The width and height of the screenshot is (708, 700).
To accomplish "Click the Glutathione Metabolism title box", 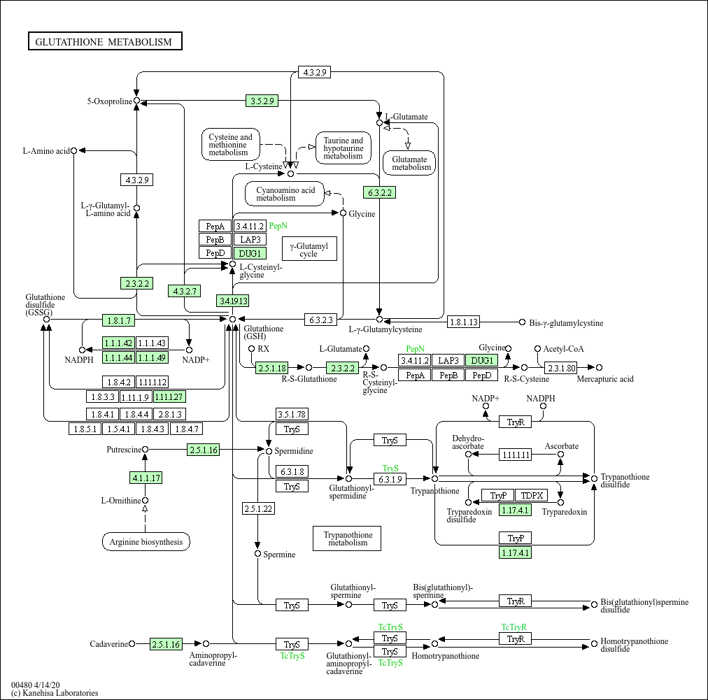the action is click(105, 41).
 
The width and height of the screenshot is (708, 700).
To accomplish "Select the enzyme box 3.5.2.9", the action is click(262, 101).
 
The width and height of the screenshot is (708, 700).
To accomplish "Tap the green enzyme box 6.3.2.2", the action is click(380, 193).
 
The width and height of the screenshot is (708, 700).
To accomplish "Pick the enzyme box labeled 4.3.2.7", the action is click(184, 291).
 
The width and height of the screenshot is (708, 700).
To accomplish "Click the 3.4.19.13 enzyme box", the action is click(233, 301).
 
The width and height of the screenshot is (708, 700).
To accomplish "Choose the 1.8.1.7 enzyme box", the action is click(119, 320).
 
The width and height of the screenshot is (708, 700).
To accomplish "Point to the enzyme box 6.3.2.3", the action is click(320, 320).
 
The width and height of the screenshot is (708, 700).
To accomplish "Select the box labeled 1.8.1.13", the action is click(464, 322).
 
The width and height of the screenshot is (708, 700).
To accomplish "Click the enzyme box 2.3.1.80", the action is click(561, 368).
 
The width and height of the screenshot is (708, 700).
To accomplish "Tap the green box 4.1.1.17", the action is click(146, 478).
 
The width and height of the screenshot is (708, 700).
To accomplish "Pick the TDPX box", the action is click(532, 496).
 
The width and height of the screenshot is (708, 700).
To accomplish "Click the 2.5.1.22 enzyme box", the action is click(258, 508).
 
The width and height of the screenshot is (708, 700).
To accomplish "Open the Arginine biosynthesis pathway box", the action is click(146, 541).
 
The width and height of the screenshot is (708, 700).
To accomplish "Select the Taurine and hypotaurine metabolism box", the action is click(344, 148).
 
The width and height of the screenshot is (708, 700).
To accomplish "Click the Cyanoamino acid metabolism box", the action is click(285, 194).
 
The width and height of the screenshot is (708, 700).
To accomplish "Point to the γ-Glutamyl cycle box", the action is click(309, 249).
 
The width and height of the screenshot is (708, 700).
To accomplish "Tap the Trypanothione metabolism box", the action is click(347, 538).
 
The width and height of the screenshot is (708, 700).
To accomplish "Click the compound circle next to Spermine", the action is click(258, 554).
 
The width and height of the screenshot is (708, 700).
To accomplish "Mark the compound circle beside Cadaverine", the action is click(132, 643).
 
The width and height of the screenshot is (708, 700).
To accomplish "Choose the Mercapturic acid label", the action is click(605, 379).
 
